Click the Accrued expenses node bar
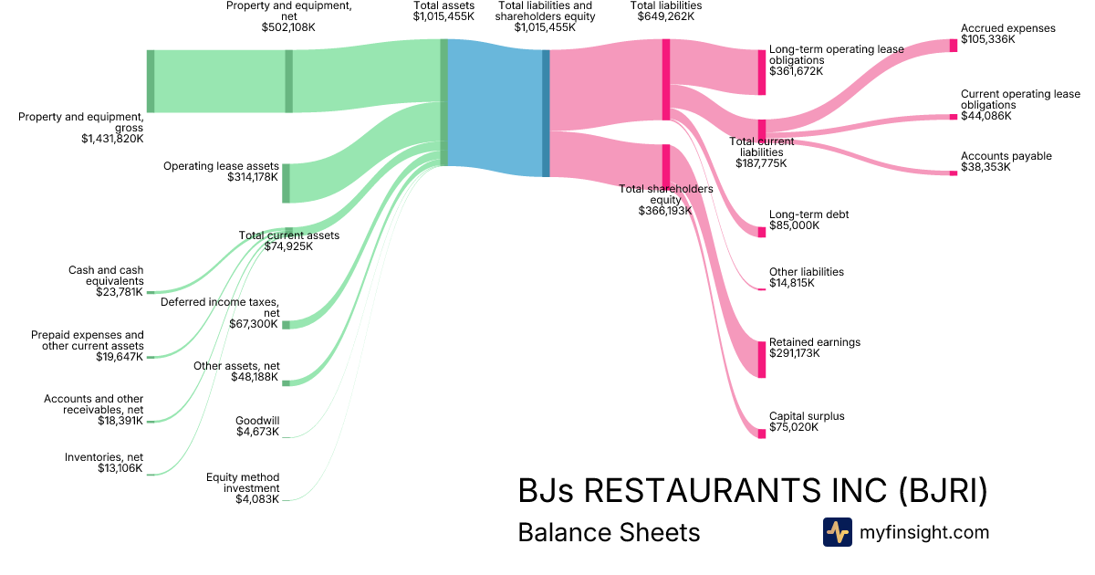(x=953, y=45)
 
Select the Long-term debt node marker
(x=762, y=232)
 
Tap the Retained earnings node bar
(x=762, y=360)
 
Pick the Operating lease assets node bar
(x=286, y=183)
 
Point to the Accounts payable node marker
(x=953, y=172)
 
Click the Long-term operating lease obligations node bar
(x=762, y=73)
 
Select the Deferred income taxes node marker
(x=286, y=325)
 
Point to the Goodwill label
(x=257, y=421)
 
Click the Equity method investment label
(x=243, y=482)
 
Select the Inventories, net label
(x=104, y=457)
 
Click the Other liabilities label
(x=806, y=272)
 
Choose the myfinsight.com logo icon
(x=837, y=532)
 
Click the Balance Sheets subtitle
(x=609, y=532)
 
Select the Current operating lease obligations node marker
(x=953, y=117)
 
